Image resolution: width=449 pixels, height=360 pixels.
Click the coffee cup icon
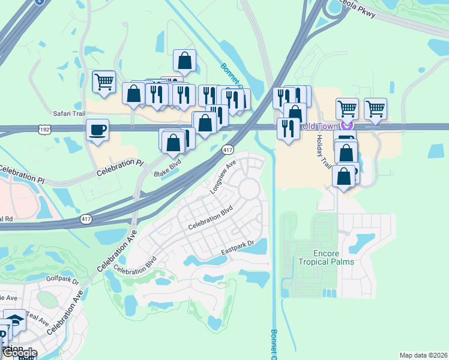coord(97,130)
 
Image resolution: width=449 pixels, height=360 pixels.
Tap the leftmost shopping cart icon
coord(104,82)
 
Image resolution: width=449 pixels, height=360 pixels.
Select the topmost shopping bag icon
coord(184,60)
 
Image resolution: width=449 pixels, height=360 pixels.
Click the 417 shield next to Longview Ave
coord(228,148)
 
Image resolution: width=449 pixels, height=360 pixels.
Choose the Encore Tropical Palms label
coord(326,257)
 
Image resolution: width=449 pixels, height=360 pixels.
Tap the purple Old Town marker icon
coord(345,125)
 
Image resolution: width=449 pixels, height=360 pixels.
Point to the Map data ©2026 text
coord(423,355)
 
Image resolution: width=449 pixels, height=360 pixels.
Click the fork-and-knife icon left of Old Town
coord(289,128)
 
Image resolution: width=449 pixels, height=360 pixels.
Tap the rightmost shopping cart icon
coord(375,109)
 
